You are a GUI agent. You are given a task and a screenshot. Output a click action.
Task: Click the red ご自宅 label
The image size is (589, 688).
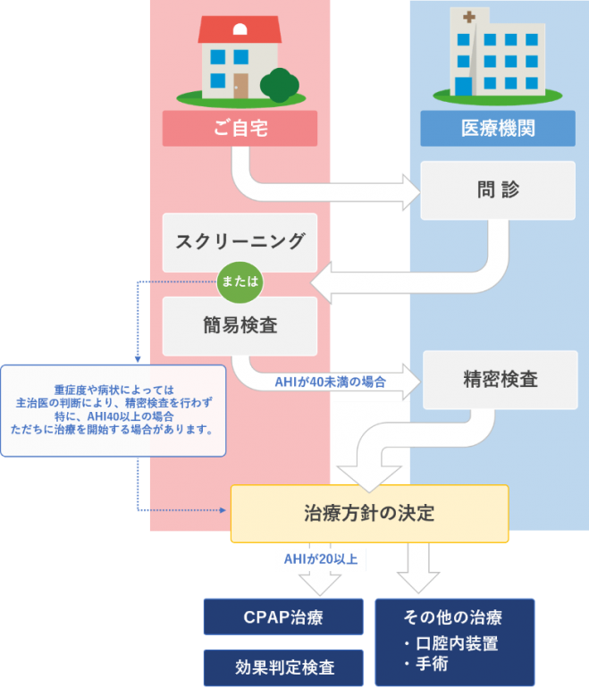coord(240,129)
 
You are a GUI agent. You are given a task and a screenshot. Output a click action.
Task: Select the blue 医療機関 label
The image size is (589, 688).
coord(498,129)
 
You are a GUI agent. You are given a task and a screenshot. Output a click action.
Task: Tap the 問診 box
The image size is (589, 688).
coord(498,189)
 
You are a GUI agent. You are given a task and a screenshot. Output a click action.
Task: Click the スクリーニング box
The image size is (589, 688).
coord(240,242)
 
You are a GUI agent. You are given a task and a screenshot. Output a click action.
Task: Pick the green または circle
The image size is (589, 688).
coord(240,281)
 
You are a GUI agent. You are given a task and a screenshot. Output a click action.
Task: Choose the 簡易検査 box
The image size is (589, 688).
coord(240,325)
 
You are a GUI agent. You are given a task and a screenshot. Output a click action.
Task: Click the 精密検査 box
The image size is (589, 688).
coord(500,379)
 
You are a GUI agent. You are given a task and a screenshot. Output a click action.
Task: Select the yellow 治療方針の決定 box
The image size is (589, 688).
coord(369,513)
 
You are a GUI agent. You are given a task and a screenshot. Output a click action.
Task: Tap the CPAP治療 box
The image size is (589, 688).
coord(283,617)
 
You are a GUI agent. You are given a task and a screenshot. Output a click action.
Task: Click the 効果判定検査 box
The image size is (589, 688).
coord(283,667)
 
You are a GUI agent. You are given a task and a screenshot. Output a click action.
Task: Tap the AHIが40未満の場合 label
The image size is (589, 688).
coord(330,382)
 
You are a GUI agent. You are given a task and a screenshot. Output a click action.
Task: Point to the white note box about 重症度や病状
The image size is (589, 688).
coord(113,409)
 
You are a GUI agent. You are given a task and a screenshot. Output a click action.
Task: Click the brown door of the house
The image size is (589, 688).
coord(241,85)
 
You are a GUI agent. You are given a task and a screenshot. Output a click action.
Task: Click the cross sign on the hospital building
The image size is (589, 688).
coord(467,16)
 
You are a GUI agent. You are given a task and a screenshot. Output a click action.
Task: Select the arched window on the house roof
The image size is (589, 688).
coord(240,29)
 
